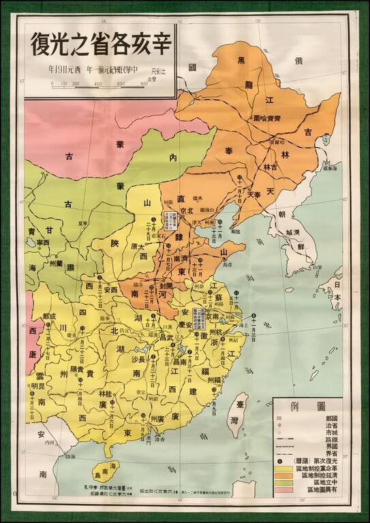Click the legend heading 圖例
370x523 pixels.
[x=313, y=407]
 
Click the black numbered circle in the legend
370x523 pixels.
[x=280, y=460]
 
